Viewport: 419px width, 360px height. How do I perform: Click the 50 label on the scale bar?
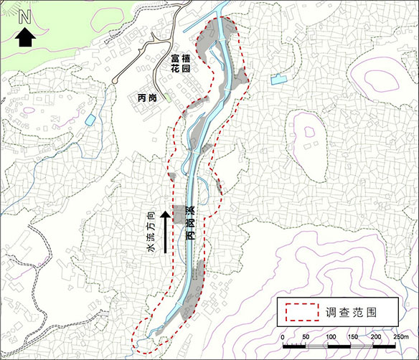coord(306,337)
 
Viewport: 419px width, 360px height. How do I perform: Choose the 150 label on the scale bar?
coord(353,337)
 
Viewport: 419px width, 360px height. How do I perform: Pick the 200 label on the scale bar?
coord(376,337)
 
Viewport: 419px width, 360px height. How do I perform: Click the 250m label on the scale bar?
coord(400,337)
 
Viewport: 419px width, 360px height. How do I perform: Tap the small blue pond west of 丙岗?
coord(90,120)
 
